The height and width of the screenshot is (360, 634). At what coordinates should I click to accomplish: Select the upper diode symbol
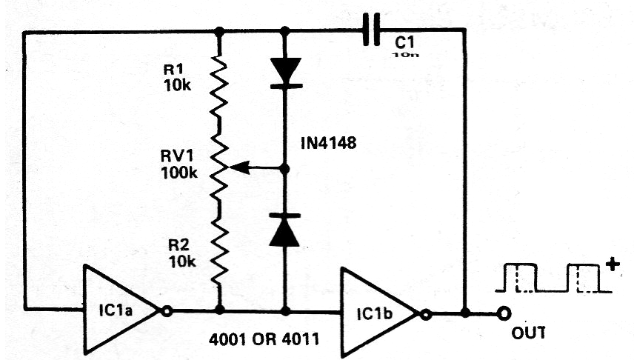tap(285, 72)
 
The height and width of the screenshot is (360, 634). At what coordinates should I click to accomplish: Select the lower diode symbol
tap(285, 230)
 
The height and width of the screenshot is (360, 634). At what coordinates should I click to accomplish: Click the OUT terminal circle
tap(505, 313)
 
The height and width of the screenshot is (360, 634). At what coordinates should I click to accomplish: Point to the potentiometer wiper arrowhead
tap(231, 169)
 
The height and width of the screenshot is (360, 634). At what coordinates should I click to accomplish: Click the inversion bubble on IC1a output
tap(167, 312)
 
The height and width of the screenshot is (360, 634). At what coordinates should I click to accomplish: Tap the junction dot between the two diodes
tap(285, 169)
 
